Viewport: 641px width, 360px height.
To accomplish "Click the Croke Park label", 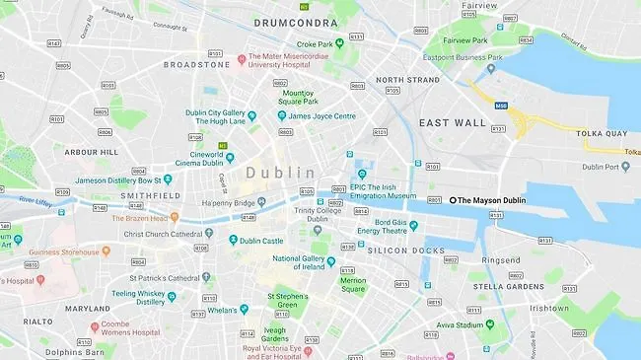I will [x=315, y=43].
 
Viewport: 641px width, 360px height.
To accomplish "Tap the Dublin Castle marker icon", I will [x=233, y=240].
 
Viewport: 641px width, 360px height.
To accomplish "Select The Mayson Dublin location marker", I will [x=454, y=200].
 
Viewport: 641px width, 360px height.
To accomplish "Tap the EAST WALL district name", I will [x=452, y=122].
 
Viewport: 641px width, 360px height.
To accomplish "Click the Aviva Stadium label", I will [x=461, y=324].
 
